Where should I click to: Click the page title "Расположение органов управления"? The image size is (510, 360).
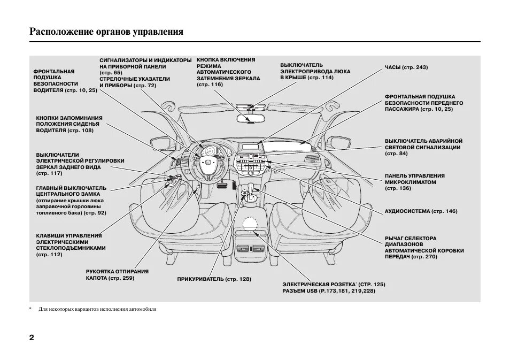[106, 32]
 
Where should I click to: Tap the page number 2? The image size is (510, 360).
[32, 338]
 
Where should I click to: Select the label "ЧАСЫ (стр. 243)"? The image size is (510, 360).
[406, 67]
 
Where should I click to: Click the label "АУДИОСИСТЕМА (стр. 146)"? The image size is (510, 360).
[421, 211]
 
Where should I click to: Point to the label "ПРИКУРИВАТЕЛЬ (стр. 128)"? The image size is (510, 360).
[214, 279]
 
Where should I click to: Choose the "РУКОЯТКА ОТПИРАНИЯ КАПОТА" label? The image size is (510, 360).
[117, 275]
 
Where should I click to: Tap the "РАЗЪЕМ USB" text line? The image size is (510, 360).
[329, 290]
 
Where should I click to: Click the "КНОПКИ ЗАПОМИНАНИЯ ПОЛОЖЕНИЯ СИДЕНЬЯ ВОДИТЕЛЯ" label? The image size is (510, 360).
[69, 124]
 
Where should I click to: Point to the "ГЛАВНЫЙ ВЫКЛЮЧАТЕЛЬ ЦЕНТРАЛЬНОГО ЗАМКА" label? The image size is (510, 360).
[71, 201]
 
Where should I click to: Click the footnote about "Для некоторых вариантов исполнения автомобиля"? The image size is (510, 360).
[97, 310]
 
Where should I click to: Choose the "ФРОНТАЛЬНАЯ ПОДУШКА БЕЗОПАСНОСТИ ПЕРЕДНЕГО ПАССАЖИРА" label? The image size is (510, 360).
[423, 102]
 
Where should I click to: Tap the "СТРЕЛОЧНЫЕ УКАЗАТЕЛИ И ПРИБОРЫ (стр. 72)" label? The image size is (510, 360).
[134, 82]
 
